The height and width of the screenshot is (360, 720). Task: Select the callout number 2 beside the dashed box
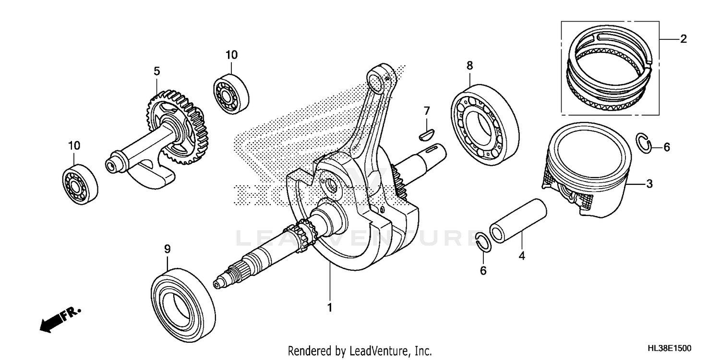(x=683, y=39)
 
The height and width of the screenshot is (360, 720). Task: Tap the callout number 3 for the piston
(x=649, y=183)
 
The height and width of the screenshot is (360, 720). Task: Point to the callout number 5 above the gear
(x=157, y=72)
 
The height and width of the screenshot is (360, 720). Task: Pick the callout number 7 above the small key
(x=426, y=111)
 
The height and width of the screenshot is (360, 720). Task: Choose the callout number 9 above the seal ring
(x=167, y=249)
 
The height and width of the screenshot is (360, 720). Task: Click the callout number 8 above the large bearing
(x=469, y=65)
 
